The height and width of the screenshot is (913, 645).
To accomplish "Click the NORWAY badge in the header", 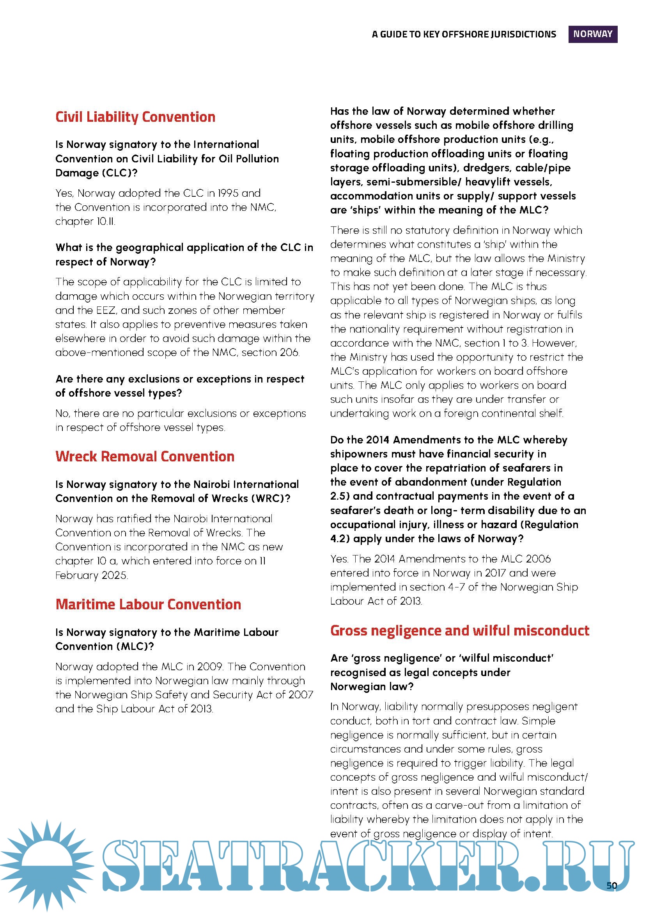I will pos(592,34).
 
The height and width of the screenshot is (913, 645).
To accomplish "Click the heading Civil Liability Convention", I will pos(135,117).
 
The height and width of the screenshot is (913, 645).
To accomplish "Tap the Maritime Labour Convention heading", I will pos(148,604).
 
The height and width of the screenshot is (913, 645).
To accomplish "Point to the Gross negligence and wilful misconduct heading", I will pos(459,630).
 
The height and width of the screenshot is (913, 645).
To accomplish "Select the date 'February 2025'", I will pos(91,575).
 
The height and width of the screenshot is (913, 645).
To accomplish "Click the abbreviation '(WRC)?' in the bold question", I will pos(271,498).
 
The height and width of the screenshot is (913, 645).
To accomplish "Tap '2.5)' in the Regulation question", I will pos(340,496).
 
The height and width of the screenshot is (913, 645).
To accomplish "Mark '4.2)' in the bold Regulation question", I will pos(340,539).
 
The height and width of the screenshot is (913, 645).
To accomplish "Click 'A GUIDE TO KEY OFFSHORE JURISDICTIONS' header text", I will pos(464,34).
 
